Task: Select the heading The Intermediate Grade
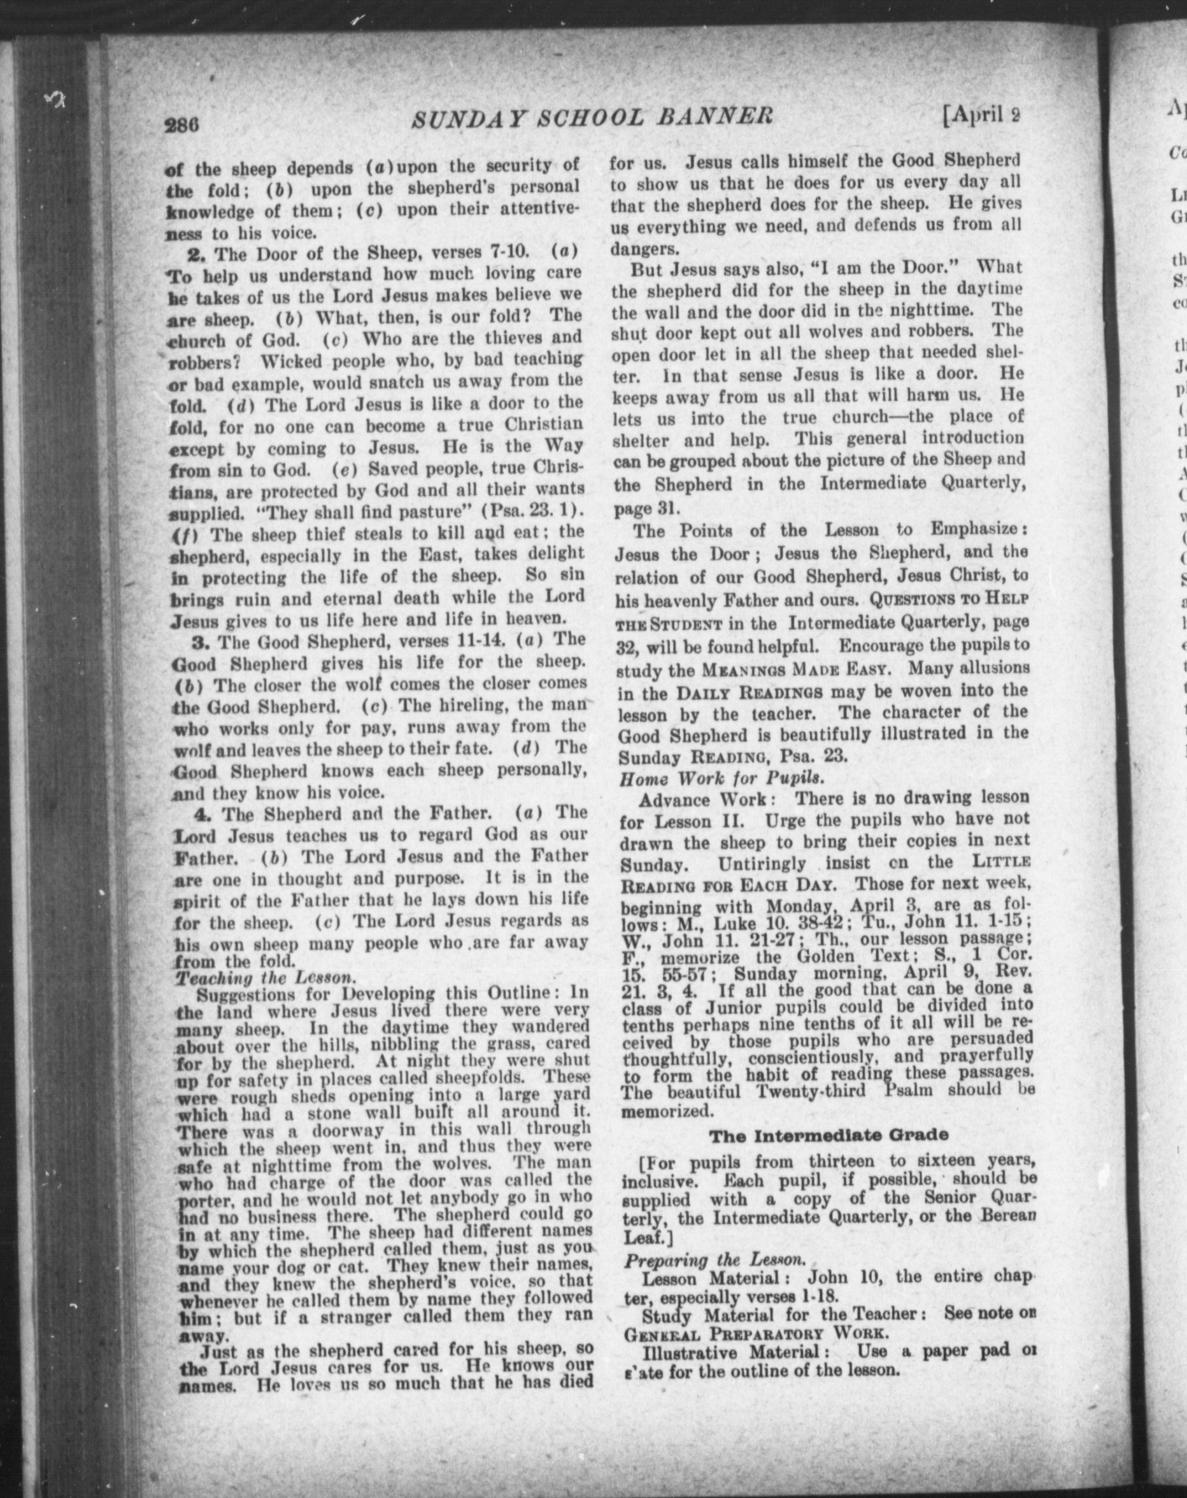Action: (828, 1136)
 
